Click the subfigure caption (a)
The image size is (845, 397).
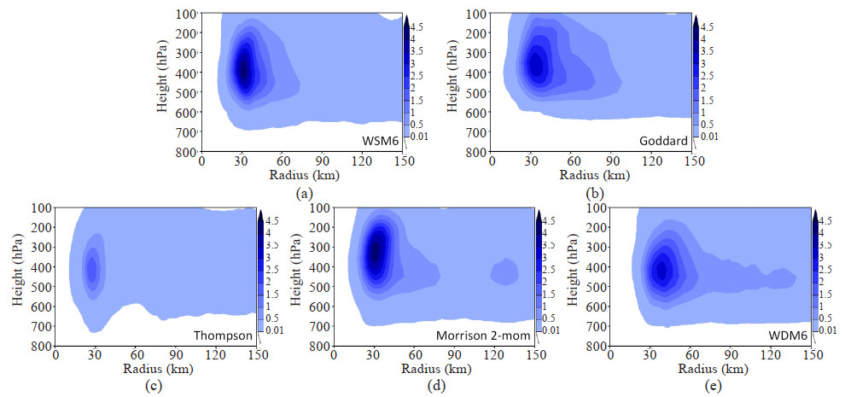pyautogui.click(x=302, y=193)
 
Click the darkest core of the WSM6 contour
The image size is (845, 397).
pyautogui.click(x=244, y=72)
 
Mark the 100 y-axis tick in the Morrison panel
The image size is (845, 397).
pyautogui.click(x=319, y=208)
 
